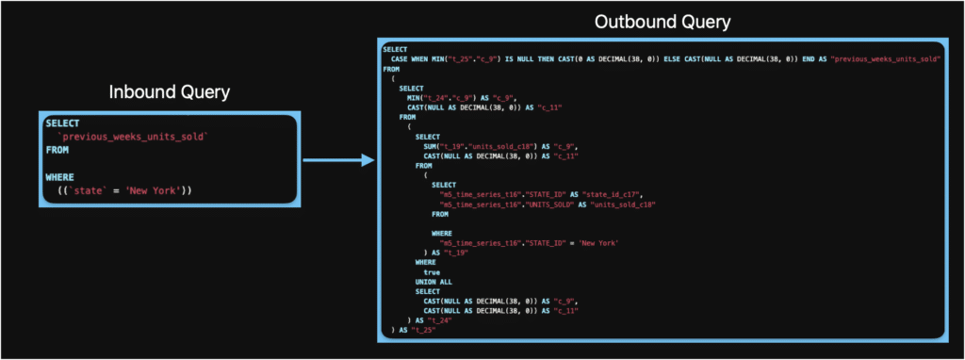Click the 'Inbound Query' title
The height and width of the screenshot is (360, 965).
(x=170, y=92)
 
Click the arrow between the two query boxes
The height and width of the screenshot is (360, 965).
(x=335, y=161)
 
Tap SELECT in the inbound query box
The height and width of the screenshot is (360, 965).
(x=62, y=123)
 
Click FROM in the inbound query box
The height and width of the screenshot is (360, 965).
(x=57, y=150)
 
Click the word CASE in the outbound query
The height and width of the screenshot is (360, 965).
(x=401, y=58)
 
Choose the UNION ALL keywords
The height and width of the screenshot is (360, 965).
(x=434, y=282)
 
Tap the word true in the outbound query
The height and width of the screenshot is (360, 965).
(x=432, y=271)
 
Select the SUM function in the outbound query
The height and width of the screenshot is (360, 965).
(x=432, y=145)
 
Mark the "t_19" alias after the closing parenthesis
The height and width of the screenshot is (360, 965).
(x=454, y=253)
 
